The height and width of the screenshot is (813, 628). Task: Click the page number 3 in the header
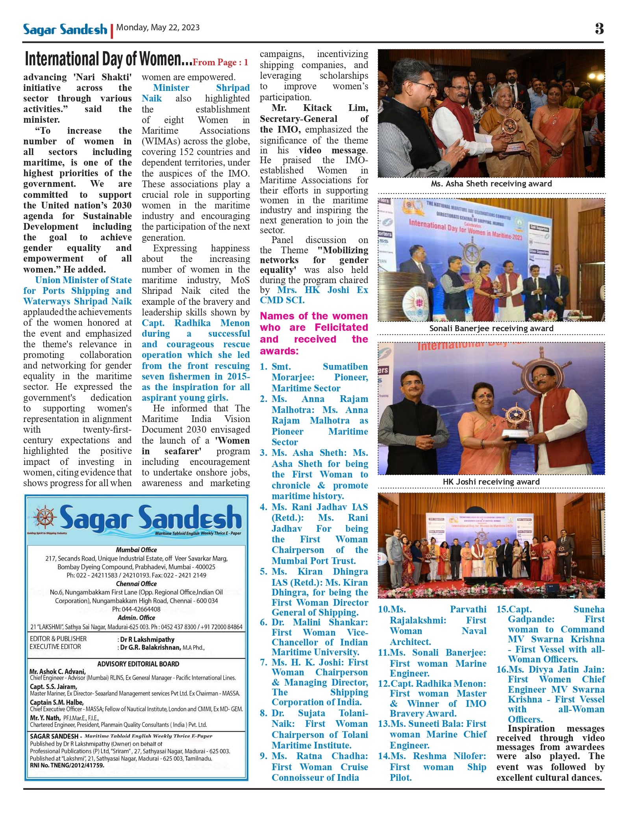click(599, 28)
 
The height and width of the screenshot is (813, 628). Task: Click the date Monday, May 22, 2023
click(158, 28)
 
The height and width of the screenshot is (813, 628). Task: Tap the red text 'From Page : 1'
click(220, 62)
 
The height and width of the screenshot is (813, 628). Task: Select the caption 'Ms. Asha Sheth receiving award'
click(491, 184)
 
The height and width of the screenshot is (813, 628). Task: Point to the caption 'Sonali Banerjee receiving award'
click(491, 328)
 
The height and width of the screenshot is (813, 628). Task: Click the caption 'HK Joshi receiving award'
click(491, 482)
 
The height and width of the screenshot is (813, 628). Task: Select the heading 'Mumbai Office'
click(136, 550)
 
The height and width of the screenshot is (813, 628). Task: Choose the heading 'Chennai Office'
click(136, 584)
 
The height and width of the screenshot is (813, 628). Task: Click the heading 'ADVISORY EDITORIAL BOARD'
click(138, 664)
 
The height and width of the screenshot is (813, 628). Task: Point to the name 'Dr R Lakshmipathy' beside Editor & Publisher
click(147, 640)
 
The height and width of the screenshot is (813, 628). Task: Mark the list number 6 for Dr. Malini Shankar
click(263, 623)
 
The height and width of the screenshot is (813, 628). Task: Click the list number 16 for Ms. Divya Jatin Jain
click(502, 669)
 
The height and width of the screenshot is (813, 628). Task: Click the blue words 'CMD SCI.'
click(282, 300)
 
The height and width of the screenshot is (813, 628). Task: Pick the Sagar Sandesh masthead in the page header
click(65, 29)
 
